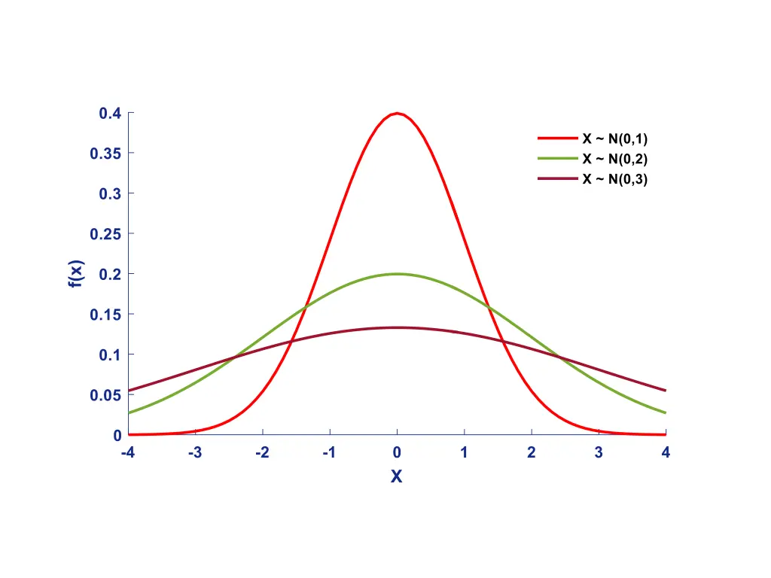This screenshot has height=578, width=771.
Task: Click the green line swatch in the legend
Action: (x=556, y=159)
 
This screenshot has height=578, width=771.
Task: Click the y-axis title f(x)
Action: (x=76, y=274)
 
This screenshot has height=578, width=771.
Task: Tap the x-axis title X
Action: (x=396, y=476)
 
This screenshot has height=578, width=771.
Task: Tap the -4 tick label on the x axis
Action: (x=127, y=453)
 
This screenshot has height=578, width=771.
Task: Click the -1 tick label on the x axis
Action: (x=329, y=453)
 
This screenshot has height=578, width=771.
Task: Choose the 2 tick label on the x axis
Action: (x=532, y=453)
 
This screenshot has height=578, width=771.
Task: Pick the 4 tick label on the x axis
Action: (x=666, y=453)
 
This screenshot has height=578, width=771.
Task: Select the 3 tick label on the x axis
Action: (x=599, y=453)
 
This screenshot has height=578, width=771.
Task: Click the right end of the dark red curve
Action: (x=666, y=391)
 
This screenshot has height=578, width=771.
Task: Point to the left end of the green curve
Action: (x=129, y=412)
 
